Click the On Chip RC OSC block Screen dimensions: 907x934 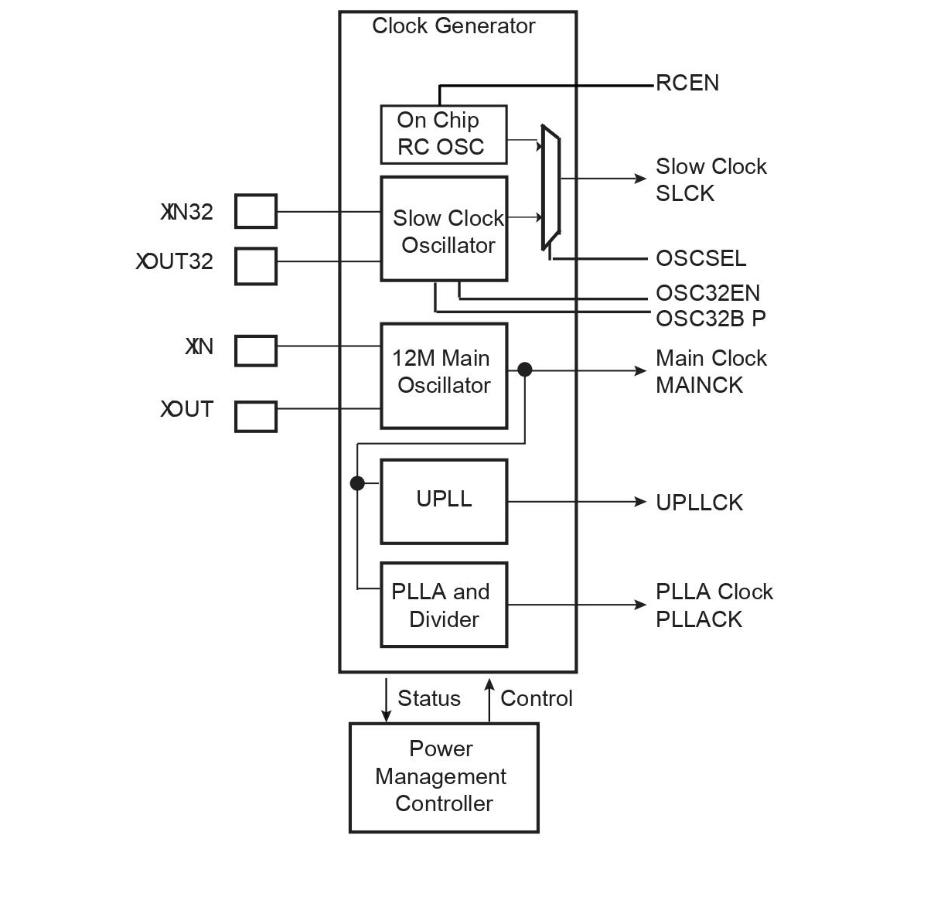tap(443, 135)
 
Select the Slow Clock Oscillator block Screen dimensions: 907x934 tap(444, 229)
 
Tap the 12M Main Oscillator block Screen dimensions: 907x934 tap(444, 376)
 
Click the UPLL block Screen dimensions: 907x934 tap(444, 502)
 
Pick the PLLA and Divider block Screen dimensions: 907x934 tap(444, 605)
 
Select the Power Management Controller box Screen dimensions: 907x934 tap(444, 778)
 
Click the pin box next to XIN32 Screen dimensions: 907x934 tap(256, 211)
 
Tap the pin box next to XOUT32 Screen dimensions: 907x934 tap(256, 266)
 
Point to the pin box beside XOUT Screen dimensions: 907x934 tap(256, 416)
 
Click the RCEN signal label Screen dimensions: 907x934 tap(687, 84)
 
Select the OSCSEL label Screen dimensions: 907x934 tap(700, 258)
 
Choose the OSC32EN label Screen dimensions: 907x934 tap(707, 293)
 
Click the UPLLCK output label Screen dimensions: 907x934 tap(699, 503)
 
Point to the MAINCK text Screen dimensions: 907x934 tap(699, 385)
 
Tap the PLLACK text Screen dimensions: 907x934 tap(699, 619)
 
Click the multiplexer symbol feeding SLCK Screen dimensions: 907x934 tap(551, 187)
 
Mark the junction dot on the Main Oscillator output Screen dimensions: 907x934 tap(525, 370)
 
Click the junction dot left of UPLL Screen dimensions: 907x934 tap(357, 483)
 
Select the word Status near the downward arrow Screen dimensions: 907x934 tap(429, 698)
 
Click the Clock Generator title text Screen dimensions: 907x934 tap(454, 26)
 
